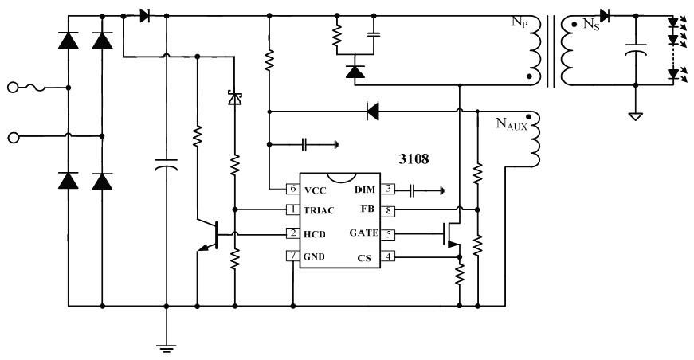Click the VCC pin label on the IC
(x=316, y=190)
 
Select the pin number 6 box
(x=293, y=189)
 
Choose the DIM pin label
(x=363, y=190)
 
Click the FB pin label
(x=367, y=211)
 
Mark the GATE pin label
(x=363, y=234)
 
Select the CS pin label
(x=367, y=256)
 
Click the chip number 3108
(x=414, y=159)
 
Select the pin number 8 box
(x=388, y=211)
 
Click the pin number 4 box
(x=388, y=256)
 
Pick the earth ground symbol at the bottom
(x=166, y=344)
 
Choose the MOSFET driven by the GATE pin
(x=453, y=234)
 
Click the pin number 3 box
(x=388, y=190)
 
